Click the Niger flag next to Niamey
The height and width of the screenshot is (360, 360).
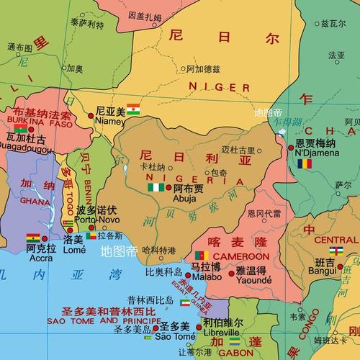coord(134,109)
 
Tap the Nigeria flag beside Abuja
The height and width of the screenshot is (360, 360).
coord(156,186)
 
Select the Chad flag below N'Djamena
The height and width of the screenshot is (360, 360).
coord(307,163)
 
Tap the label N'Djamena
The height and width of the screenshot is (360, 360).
coord(316,153)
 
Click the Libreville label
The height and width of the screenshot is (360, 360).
coord(221,333)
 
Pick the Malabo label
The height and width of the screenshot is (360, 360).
coord(205,276)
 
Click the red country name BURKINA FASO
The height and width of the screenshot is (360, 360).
coord(40,123)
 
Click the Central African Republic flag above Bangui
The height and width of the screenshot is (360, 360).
coord(336,251)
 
